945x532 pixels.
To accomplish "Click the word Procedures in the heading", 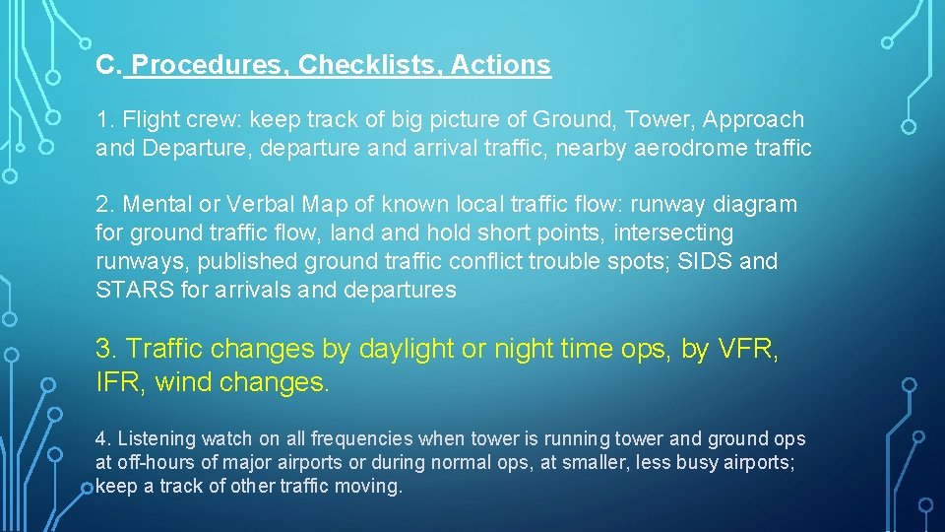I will coord(209,66).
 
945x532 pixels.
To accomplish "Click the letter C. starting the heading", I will coord(108,66).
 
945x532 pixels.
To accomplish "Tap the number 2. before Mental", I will coord(106,205).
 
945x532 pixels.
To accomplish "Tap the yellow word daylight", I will coord(409,350).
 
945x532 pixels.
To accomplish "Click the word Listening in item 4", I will coord(157,439).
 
